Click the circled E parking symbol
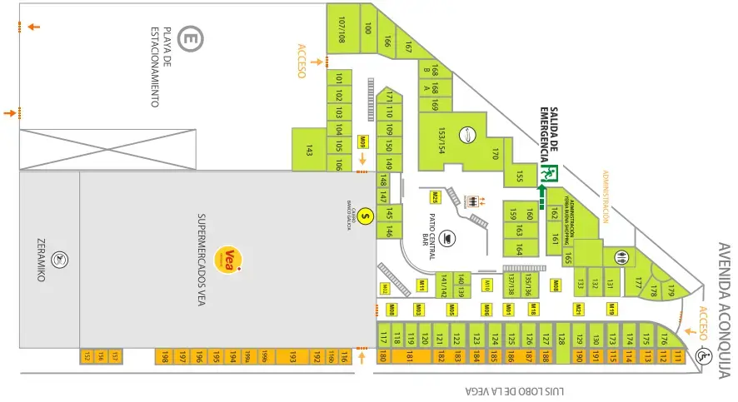(x=191, y=37)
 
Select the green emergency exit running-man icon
(x=551, y=174)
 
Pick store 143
(x=308, y=151)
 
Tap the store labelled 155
(x=519, y=176)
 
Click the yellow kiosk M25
(x=435, y=197)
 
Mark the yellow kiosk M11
(x=422, y=285)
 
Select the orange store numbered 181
(x=410, y=358)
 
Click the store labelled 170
(x=495, y=153)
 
